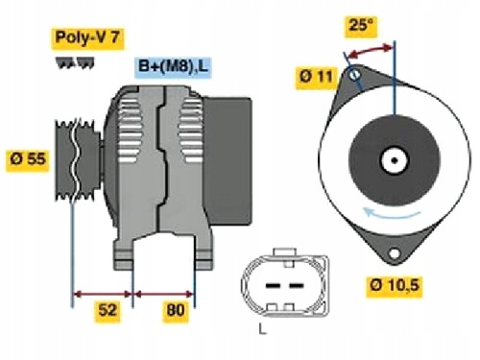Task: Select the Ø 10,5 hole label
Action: [x=396, y=285]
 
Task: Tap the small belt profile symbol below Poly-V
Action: [x=78, y=61]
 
